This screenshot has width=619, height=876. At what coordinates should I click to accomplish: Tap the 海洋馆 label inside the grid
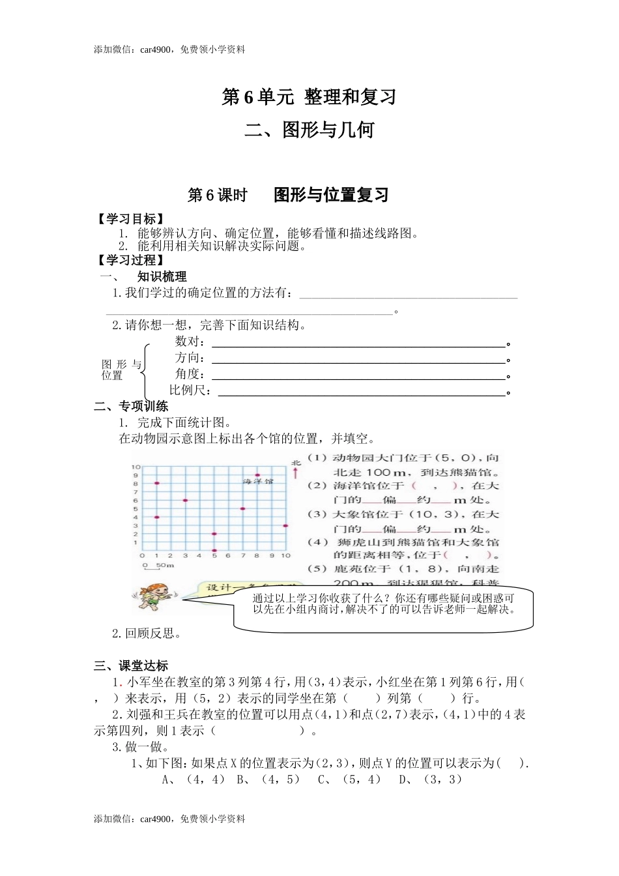(258, 481)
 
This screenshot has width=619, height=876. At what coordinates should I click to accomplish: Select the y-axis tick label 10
(136, 467)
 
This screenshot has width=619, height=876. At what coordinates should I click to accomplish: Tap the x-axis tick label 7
(242, 556)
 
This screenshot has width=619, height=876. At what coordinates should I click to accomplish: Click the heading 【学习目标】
(129, 219)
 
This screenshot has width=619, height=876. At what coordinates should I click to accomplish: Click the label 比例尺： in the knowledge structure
(190, 390)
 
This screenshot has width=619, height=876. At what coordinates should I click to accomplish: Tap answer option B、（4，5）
(269, 780)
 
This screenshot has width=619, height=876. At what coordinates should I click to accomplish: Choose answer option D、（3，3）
(431, 780)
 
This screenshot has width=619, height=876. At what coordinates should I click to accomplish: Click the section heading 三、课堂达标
(131, 665)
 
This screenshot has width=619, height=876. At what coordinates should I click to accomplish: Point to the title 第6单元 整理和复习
(309, 97)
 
